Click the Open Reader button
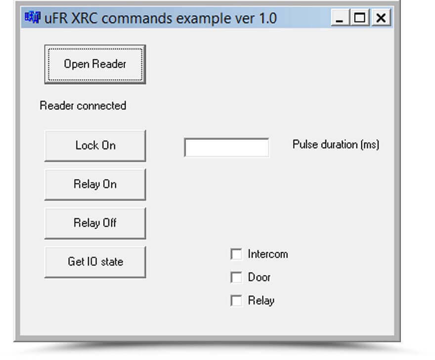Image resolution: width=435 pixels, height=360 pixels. coord(95,64)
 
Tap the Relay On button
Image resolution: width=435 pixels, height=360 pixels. coord(95,184)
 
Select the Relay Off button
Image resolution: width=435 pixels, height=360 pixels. coord(95,223)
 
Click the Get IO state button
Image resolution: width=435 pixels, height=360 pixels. coord(95,262)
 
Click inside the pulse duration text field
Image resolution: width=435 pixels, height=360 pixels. coord(226,147)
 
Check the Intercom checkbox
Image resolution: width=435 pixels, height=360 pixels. coord(236,254)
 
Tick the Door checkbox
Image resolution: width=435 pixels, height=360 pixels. coord(236,277)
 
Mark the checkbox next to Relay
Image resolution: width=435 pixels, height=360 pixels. coord(236,301)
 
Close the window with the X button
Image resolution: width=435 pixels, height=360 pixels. coord(381,18)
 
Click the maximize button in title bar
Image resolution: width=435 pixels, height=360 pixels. coord(360,18)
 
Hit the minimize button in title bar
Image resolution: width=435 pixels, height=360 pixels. coord(340,18)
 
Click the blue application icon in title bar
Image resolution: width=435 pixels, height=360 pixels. coord(33,17)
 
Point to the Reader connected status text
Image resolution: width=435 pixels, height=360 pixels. coord(83,106)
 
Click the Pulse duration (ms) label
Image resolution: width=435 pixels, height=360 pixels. coord(336,144)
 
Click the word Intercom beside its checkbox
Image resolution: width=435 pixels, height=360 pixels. coord(268,254)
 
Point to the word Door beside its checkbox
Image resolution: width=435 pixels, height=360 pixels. coord(259,277)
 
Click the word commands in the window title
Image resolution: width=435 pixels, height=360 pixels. coord(137,18)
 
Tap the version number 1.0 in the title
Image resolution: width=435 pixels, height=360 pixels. coord(268,18)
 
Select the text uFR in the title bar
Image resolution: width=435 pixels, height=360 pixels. coord(55,18)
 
